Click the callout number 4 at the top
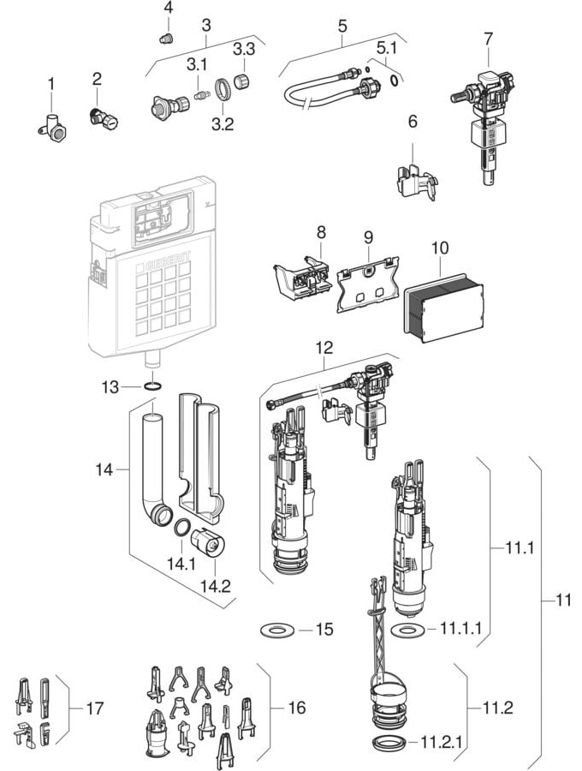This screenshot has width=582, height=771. click(x=168, y=9)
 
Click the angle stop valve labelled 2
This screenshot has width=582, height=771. click(x=104, y=118)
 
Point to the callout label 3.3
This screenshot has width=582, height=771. click(x=244, y=49)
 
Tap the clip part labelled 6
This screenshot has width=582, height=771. click(x=416, y=182)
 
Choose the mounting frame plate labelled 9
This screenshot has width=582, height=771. click(x=367, y=283)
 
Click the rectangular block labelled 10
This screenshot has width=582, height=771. click(x=442, y=307)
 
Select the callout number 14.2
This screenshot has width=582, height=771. click(x=215, y=586)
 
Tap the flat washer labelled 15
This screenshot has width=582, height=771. click(x=277, y=629)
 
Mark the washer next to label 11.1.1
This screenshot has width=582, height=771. click(x=407, y=629)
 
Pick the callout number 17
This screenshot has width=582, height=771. click(x=95, y=708)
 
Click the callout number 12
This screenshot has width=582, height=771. click(x=324, y=348)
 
